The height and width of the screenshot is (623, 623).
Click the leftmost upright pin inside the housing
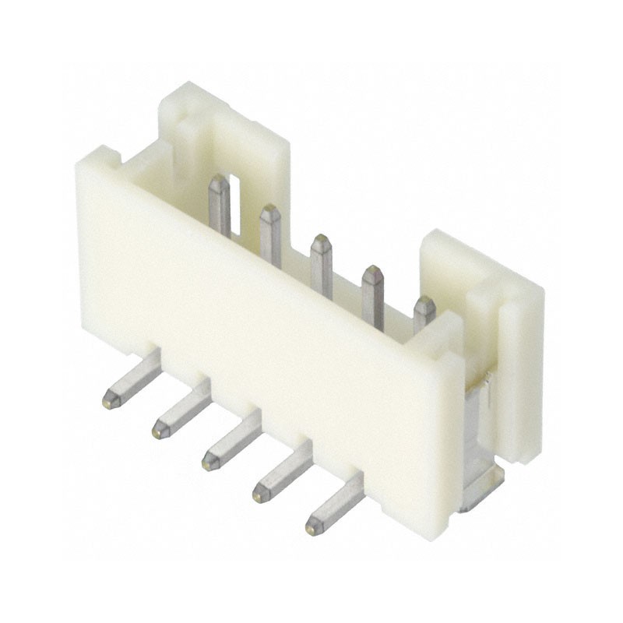coord(220,204)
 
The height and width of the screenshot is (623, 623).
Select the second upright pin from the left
coord(270,229)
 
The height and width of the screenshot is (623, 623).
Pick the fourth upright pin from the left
coord(372,294)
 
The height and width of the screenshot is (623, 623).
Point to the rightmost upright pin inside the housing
coord(423,311)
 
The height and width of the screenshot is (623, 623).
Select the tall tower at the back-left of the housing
coord(226,140)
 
